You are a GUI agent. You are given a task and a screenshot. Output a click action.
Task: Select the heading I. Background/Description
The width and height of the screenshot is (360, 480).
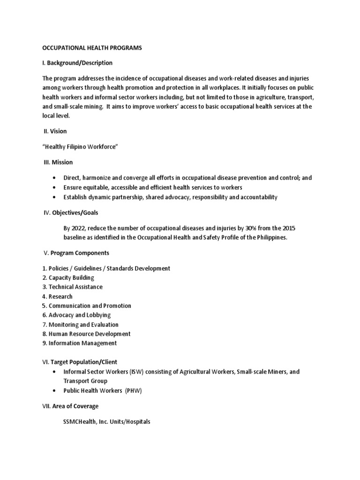pyautogui.click(x=77, y=63)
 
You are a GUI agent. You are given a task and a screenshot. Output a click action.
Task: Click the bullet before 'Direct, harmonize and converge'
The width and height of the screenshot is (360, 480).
pyautogui.click(x=55, y=178)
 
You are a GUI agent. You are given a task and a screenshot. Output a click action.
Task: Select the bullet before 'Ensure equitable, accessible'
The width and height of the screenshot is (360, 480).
pyautogui.click(x=55, y=187)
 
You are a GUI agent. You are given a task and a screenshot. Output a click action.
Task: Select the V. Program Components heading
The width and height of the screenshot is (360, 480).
pyautogui.click(x=76, y=253)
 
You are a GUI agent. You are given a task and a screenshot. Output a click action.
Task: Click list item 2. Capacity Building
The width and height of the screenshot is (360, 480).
pyautogui.click(x=68, y=277)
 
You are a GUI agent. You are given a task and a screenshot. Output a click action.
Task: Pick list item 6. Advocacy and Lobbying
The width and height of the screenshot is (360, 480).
pyautogui.click(x=76, y=315)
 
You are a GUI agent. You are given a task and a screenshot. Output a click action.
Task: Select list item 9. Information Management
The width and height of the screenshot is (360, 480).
pyautogui.click(x=79, y=343)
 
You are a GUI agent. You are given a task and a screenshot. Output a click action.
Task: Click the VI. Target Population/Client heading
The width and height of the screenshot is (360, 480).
pyautogui.click(x=80, y=362)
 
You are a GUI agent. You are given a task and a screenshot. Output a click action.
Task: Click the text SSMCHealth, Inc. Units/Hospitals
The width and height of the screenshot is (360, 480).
pyautogui.click(x=107, y=421)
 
